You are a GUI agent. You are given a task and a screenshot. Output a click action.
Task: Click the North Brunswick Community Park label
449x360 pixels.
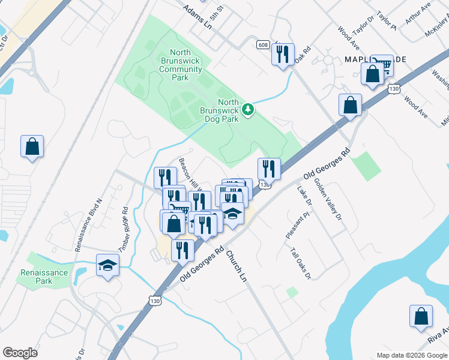pos(181,65)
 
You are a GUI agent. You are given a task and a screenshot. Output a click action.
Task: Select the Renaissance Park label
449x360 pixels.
pos(44,277)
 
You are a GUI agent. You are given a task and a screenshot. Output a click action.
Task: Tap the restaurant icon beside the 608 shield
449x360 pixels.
pos(282,55)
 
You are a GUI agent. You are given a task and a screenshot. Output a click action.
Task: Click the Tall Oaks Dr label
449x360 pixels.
pos(300,264)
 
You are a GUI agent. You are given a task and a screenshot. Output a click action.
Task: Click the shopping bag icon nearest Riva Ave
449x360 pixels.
pos(421,316)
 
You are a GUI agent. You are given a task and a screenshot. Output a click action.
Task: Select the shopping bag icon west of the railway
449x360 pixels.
pos(32,146)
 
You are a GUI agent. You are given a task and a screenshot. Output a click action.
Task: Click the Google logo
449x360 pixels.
pos(20,352)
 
